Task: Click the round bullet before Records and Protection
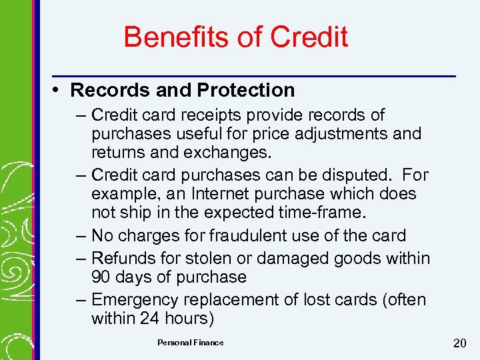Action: [x=59, y=89]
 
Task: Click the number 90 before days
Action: [x=101, y=277]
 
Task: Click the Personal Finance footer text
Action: [x=191, y=343]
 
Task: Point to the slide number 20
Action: [x=459, y=343]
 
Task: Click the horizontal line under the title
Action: [x=253, y=75]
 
